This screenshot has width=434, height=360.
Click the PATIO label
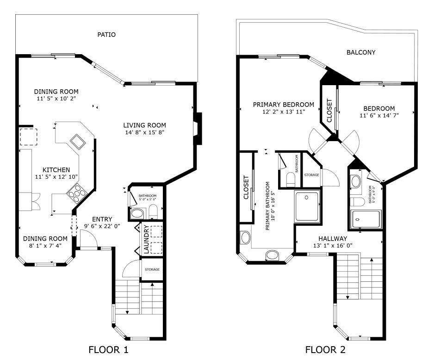106,35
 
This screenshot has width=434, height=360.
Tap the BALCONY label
361,52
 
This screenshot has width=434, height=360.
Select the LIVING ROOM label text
144,125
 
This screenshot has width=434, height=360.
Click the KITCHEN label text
56,170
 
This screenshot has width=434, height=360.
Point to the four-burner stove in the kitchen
76,192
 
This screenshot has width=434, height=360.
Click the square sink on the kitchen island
77,141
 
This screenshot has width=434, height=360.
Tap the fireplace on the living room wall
197,129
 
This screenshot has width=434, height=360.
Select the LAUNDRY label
145,239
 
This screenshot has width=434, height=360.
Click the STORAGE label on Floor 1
152,269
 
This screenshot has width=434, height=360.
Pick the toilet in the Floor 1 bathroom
153,211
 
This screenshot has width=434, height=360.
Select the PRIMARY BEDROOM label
283,105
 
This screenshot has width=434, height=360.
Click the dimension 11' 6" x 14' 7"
379,115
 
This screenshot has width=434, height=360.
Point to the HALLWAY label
330,238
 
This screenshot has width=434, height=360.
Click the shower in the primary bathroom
307,205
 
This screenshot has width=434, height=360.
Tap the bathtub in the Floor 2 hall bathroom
366,219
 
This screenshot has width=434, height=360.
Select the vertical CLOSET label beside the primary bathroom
246,187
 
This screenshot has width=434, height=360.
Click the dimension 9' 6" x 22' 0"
102,226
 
